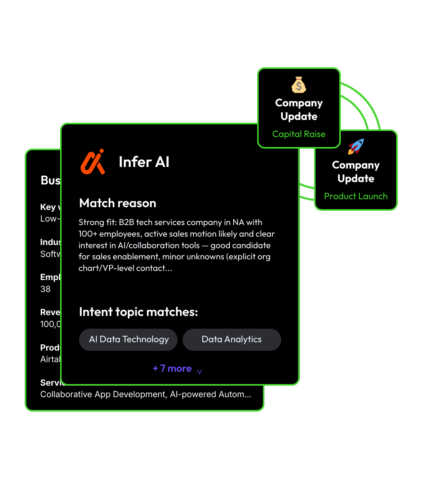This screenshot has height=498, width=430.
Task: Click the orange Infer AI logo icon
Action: click(93, 162)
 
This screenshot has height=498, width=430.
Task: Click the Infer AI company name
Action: click(144, 162)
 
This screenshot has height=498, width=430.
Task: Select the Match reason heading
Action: click(117, 203)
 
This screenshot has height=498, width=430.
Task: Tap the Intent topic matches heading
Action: click(139, 312)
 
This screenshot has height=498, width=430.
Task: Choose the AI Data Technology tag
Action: click(129, 339)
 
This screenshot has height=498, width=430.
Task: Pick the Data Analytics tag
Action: click(232, 339)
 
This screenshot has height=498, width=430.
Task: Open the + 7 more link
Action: click(172, 369)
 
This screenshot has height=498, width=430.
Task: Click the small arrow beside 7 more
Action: click(199, 371)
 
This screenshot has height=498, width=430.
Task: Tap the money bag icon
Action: click(299, 85)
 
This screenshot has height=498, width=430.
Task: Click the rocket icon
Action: click(356, 147)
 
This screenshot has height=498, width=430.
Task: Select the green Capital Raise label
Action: click(299, 134)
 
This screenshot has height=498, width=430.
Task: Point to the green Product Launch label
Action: click(356, 196)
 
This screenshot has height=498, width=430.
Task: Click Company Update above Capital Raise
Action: click(299, 110)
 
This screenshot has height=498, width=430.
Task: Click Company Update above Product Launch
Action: click(356, 172)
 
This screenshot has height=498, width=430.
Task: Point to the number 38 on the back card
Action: click(45, 289)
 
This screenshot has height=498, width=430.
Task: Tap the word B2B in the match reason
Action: click(127, 222)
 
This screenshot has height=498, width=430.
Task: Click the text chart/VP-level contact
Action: click(125, 268)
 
